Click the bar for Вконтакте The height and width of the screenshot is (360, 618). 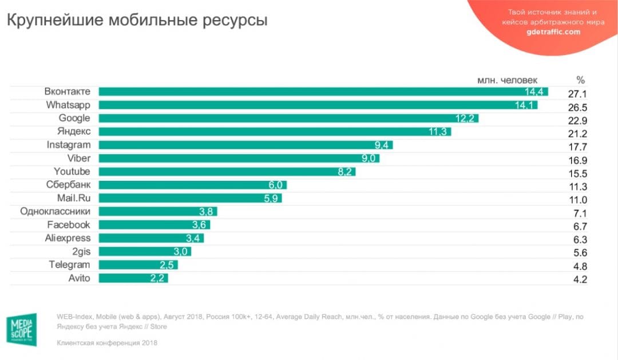click(x=323, y=92)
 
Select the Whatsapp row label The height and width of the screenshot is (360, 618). click(x=68, y=105)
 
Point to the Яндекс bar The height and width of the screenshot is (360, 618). click(x=275, y=132)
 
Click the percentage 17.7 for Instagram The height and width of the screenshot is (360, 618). click(x=577, y=147)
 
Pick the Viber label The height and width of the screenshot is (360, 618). click(x=78, y=159)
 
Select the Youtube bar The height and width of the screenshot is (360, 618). click(x=227, y=172)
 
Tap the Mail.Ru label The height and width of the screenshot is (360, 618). click(x=73, y=198)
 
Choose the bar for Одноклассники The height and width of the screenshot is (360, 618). click(x=157, y=212)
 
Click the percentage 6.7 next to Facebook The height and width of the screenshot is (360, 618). click(x=580, y=227)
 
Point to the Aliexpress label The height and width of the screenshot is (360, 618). click(x=68, y=238)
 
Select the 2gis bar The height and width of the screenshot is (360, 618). click(x=144, y=252)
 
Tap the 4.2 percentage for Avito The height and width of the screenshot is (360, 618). click(x=580, y=280)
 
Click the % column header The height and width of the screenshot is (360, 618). click(x=580, y=80)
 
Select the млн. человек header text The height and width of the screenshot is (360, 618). click(x=507, y=80)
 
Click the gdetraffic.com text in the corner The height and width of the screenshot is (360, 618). click(x=553, y=32)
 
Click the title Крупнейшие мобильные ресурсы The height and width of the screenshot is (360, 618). click(x=137, y=21)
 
